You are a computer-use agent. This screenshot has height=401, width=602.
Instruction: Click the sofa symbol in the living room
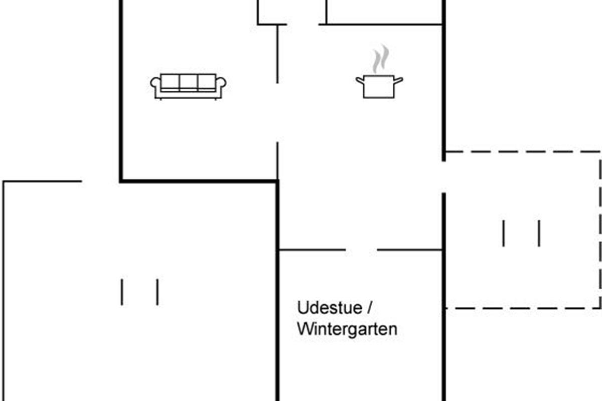point(188,87)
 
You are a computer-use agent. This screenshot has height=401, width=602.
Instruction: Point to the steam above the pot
point(381,59)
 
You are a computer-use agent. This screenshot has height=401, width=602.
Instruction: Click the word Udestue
point(330,308)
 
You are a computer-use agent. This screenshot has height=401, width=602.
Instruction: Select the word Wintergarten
point(347,329)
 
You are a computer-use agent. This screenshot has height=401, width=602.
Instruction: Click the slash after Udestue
point(369,308)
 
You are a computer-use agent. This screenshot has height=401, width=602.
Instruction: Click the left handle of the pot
point(360,80)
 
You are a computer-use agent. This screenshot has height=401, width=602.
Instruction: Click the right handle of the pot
point(398,80)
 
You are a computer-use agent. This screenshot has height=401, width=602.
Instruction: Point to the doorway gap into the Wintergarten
point(361,250)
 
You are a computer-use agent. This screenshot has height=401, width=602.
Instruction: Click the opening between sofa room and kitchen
point(277,113)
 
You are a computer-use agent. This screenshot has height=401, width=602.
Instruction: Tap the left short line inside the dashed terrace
point(503,233)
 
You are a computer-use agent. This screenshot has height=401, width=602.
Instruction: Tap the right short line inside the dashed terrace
point(539,233)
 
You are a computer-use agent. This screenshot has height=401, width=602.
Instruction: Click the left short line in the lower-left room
point(122,292)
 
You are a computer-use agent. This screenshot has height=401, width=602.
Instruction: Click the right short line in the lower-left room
point(158,292)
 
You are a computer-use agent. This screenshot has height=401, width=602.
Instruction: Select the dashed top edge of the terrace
point(523,152)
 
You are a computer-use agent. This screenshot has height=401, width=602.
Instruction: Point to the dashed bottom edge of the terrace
point(523,308)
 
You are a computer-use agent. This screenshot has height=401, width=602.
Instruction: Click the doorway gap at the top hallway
point(303,25)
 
